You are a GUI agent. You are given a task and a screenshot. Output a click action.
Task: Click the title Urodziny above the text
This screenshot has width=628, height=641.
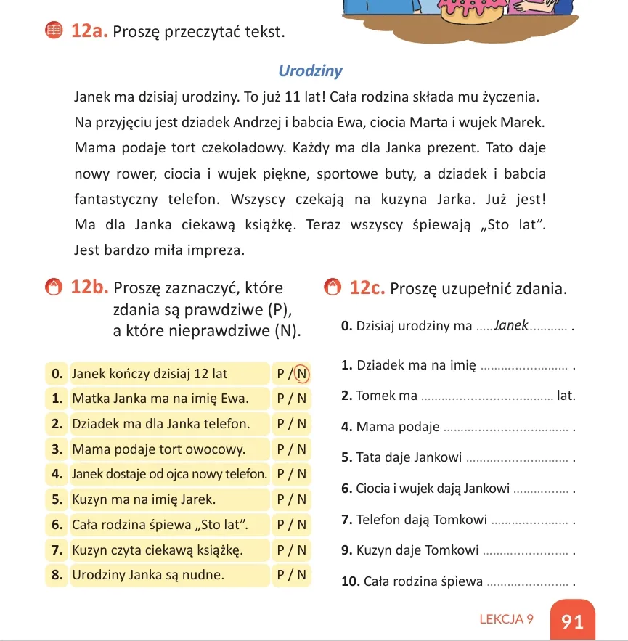(x=310, y=71)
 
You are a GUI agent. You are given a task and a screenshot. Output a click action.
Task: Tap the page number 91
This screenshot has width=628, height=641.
(x=572, y=621)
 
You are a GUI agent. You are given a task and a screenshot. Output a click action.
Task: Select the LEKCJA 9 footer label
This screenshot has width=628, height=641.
(x=506, y=619)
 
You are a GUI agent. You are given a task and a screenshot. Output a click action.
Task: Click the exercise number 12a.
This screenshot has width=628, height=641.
(x=89, y=31)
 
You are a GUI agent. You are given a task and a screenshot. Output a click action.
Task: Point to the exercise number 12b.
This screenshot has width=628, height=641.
(x=89, y=287)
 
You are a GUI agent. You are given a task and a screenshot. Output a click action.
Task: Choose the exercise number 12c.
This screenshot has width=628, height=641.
(x=367, y=287)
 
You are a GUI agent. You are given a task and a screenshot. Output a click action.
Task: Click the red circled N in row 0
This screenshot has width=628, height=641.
(x=302, y=374)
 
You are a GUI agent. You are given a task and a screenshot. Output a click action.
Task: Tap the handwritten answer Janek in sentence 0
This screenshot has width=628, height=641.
(x=511, y=326)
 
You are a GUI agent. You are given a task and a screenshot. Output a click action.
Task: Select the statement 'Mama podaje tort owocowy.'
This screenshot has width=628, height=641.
(x=158, y=449)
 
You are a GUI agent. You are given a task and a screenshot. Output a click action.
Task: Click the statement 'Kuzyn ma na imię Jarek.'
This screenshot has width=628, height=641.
(x=144, y=499)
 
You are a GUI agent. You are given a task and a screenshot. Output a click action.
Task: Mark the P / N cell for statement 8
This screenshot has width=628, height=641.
(x=292, y=575)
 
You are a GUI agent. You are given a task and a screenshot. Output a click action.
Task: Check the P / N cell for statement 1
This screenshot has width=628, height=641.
(x=292, y=399)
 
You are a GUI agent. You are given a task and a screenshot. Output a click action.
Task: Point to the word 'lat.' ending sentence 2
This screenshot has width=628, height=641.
(x=566, y=396)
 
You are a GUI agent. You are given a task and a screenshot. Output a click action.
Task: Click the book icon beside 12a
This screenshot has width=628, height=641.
(x=53, y=31)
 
